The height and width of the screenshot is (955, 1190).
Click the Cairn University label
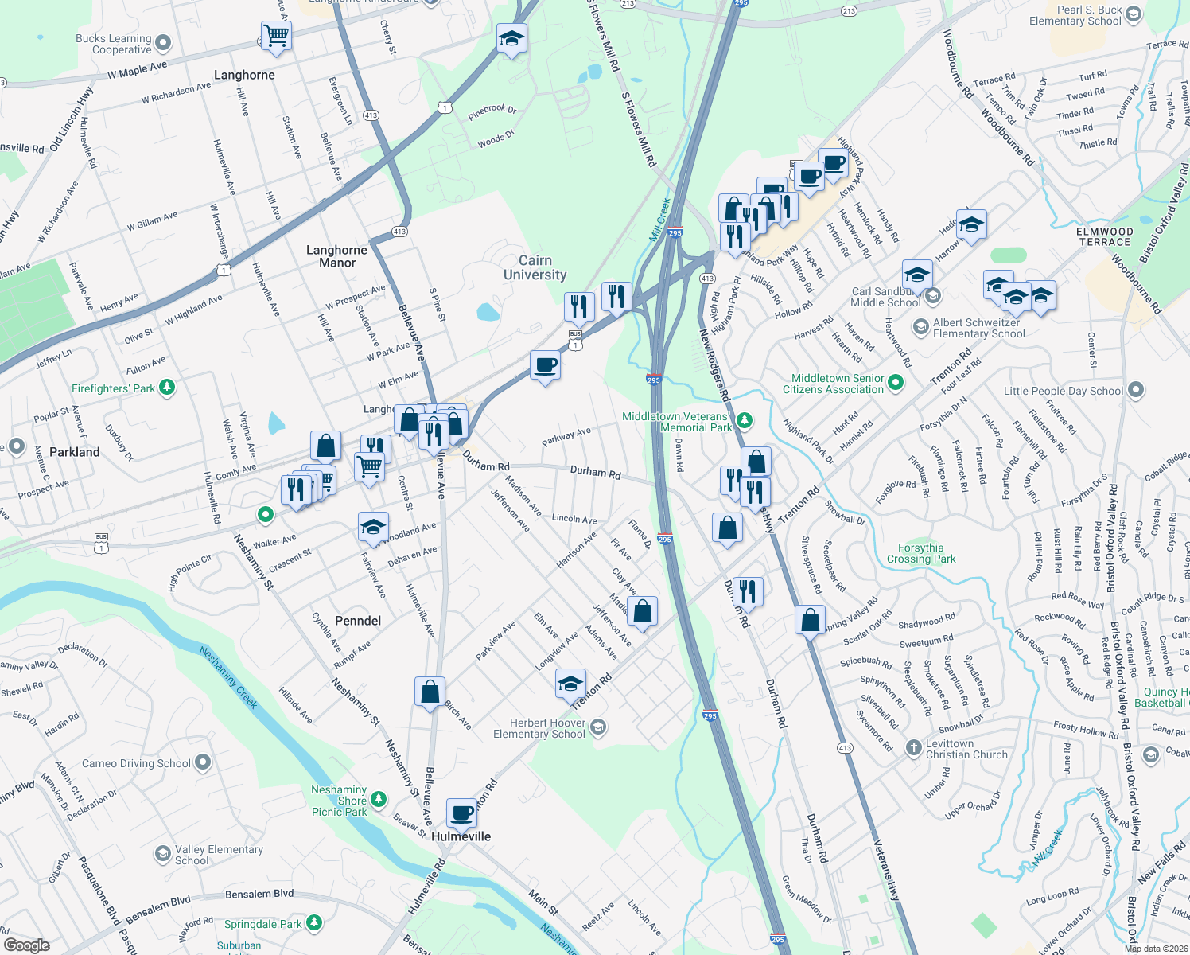(535, 267)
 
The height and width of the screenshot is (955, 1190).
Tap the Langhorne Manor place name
(336, 256)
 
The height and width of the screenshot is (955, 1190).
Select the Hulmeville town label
(461, 836)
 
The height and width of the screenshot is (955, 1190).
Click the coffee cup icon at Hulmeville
(461, 813)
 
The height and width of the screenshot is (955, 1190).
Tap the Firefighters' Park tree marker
(166, 388)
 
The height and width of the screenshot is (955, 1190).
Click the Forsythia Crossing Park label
(921, 553)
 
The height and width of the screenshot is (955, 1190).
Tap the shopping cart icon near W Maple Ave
(276, 35)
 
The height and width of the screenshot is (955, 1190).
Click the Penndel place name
(358, 621)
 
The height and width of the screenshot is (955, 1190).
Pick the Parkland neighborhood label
(75, 452)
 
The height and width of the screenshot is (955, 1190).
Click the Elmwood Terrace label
(1104, 236)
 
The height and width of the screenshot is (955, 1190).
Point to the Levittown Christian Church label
(966, 749)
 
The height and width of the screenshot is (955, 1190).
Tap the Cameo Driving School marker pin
(203, 762)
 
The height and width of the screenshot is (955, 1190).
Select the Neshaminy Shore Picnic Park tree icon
(379, 798)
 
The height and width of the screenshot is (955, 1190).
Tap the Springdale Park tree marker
(314, 923)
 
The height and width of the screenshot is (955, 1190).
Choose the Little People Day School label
(1063, 391)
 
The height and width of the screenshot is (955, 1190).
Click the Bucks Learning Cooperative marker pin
(163, 42)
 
